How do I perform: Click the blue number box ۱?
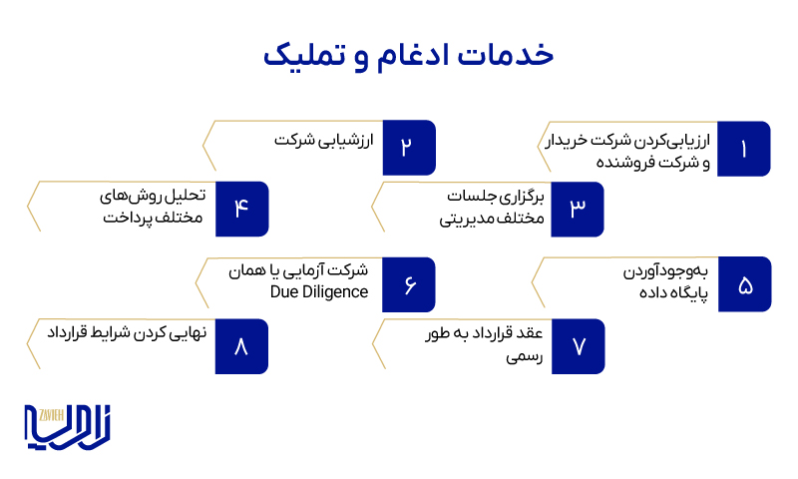(744, 149)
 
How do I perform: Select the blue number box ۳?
(577, 208)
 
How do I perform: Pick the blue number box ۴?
(241, 208)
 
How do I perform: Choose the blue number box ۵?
(744, 284)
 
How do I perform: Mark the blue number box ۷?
(577, 345)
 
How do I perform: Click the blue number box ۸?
(241, 345)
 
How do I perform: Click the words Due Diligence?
(319, 292)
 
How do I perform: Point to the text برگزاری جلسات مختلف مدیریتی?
(493, 208)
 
